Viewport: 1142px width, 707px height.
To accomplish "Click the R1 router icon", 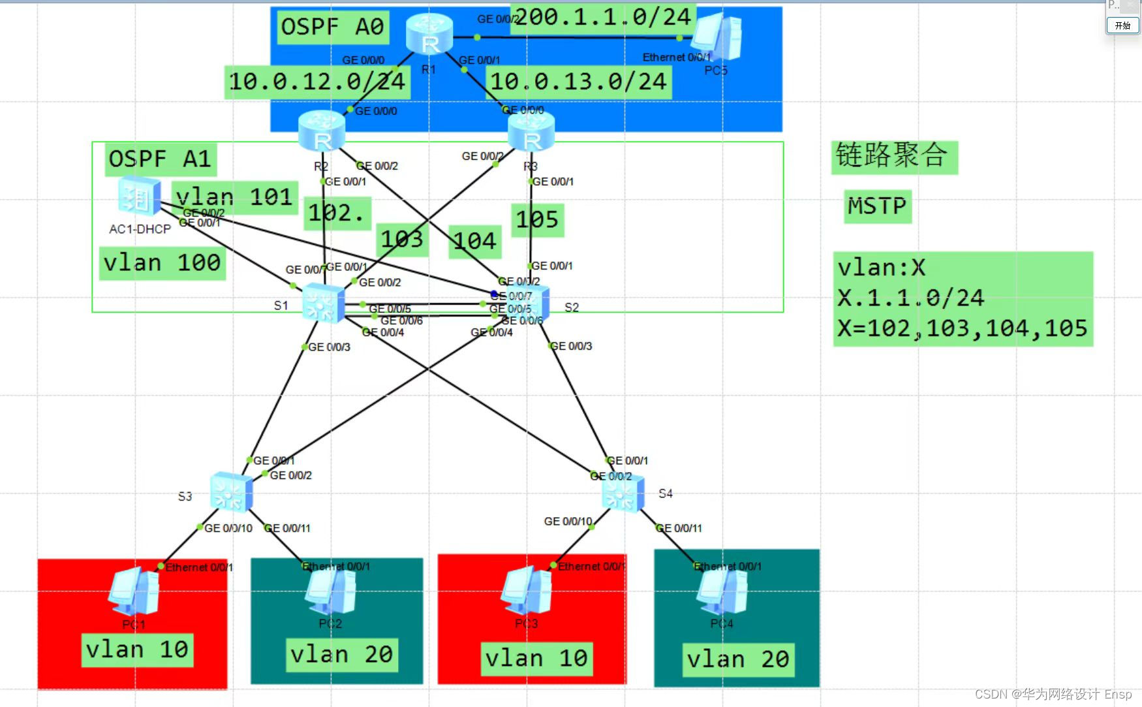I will pos(429,34).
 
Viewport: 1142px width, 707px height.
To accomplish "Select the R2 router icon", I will pos(321,131).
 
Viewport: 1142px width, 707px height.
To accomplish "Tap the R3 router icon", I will pos(531,131).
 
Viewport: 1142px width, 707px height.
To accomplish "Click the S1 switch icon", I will pos(323,304).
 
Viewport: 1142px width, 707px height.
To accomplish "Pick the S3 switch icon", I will pos(231,492).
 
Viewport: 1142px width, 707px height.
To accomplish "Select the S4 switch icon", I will pos(623,494).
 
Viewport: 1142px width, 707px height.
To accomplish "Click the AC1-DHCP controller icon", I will pos(139,198).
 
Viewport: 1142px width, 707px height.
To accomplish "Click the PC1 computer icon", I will pos(134,591).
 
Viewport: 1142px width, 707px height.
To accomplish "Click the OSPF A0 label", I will pos(333,27).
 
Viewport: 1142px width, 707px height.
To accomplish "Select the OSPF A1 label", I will pos(161,159).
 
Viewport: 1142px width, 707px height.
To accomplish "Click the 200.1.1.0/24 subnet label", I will pos(603,17).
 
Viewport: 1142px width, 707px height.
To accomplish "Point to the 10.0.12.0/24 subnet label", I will pos(317,82).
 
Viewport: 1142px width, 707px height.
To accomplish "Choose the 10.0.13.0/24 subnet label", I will pos(578,82).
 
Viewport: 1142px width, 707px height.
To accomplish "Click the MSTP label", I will pos(877,206).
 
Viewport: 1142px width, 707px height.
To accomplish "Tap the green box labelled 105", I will pos(537,220).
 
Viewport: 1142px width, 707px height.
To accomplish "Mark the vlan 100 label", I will pos(162,262).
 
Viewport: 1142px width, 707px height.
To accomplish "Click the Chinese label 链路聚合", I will pos(893,157).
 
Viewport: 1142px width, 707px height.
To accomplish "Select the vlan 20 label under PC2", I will pos(341,654).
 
